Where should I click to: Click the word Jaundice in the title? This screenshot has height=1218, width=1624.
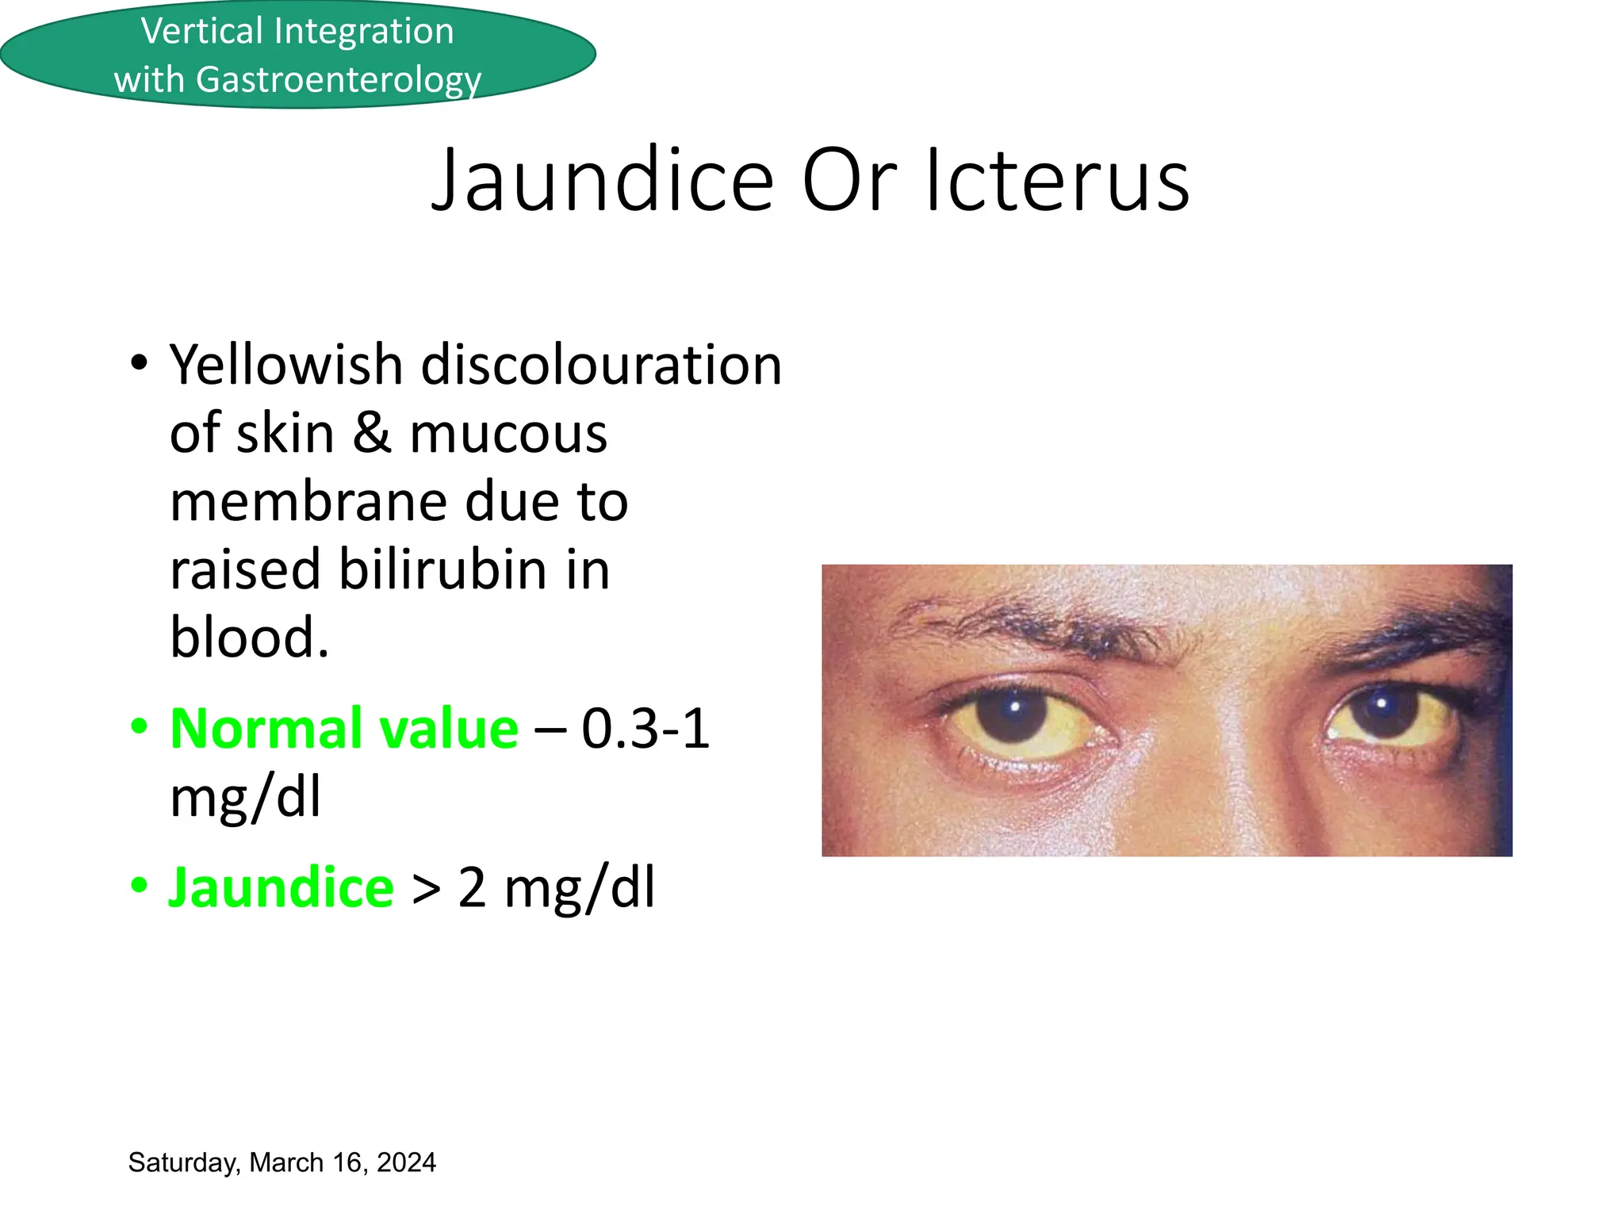point(603,181)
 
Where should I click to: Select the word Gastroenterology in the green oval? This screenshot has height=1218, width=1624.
point(339,80)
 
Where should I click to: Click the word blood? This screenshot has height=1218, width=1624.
point(248,638)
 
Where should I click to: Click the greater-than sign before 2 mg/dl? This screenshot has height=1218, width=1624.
point(426,890)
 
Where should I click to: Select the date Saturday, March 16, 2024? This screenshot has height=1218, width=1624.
point(282,1162)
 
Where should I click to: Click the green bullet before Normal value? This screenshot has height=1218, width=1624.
point(139,726)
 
